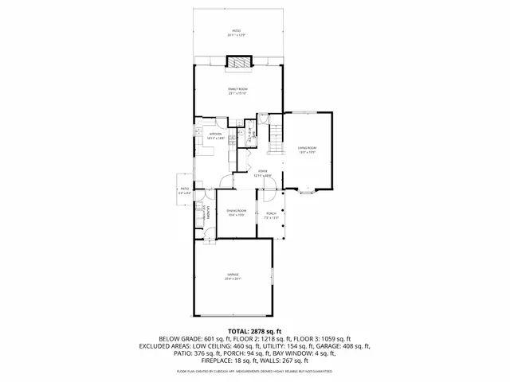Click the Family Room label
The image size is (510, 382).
(238, 92)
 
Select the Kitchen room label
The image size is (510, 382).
(215, 135)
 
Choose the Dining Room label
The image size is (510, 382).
(236, 212)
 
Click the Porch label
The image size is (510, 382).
(271, 215)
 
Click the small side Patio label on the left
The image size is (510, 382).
(184, 190)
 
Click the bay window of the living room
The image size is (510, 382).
(307, 191)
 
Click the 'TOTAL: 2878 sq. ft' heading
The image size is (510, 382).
(255, 330)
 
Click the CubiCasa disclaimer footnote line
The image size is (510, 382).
(255, 371)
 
